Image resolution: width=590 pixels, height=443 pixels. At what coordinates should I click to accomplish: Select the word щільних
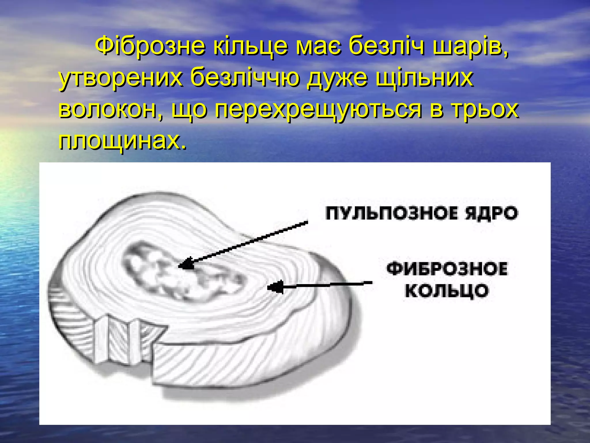coord(425,78)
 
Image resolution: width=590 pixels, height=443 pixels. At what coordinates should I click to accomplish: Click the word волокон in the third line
coord(111,110)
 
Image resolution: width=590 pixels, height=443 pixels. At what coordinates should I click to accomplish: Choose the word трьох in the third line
coord(485,110)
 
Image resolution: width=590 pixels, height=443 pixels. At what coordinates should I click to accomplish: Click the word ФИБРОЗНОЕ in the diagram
coord(447,269)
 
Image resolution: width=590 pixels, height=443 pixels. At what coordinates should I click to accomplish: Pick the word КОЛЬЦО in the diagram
coord(447,290)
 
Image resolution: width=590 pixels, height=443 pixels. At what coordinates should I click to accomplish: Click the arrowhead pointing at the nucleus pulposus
coord(186,263)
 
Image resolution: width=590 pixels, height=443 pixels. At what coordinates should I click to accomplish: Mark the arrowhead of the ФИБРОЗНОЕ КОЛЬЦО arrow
coord(275,287)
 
